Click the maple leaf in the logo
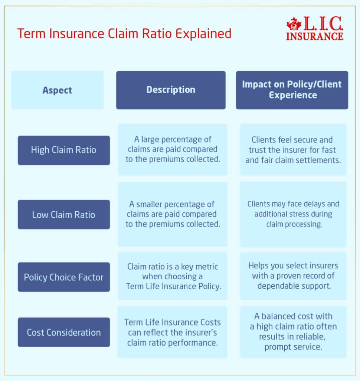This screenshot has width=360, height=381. [294, 24]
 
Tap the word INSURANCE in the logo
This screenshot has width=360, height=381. [315, 36]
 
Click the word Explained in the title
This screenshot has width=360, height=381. [203, 34]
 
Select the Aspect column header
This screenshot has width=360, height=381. [57, 90]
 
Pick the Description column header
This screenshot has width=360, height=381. [171, 90]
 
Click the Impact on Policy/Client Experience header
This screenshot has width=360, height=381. [292, 90]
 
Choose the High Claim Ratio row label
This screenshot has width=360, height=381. [63, 150]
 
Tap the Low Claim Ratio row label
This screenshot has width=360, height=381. [63, 215]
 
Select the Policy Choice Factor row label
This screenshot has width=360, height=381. [63, 277]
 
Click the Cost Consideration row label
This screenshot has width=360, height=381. [63, 332]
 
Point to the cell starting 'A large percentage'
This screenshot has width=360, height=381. [173, 150]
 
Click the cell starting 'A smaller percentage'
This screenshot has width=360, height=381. [173, 215]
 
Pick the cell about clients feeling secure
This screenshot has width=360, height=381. [293, 150]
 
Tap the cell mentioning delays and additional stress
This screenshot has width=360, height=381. [293, 215]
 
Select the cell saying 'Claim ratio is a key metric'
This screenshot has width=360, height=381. [173, 276]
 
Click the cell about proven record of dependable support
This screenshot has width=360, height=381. [293, 276]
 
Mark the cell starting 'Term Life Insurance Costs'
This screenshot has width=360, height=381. [173, 332]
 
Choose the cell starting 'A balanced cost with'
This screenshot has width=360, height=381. [293, 332]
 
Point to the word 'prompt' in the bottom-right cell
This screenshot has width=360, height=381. [277, 347]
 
